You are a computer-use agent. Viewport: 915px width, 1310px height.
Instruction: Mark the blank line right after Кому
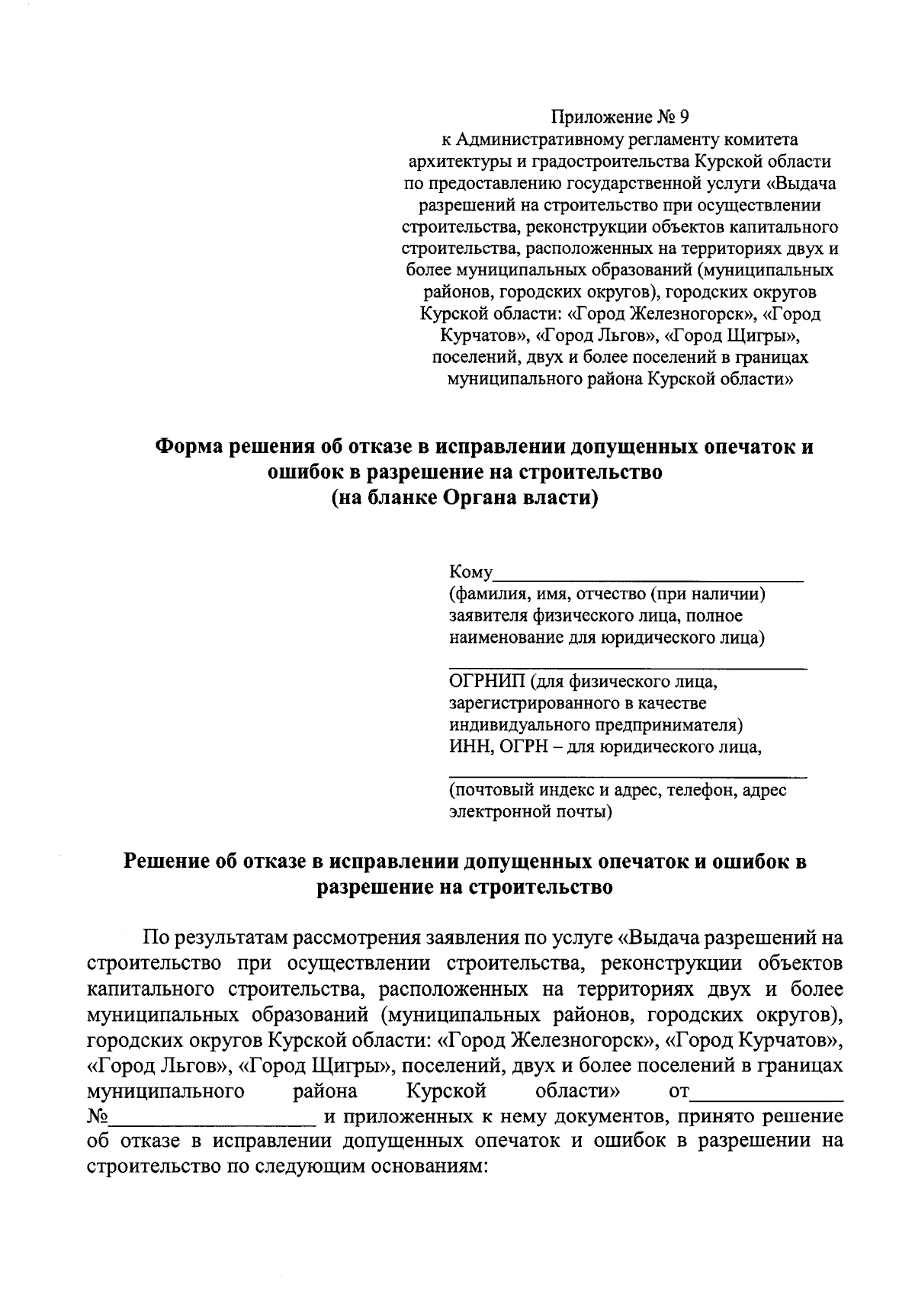[x=649, y=577]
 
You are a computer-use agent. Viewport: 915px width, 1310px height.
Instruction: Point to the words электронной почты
[x=529, y=812]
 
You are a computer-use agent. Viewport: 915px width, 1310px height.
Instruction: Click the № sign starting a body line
[x=99, y=1117]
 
